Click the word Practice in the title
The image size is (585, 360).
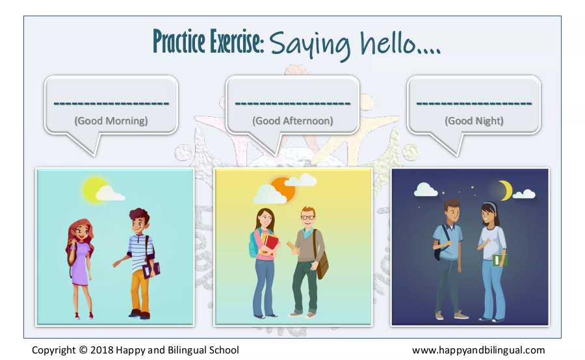pos(179,41)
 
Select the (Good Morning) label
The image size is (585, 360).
pos(110,121)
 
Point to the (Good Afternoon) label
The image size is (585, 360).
pos(292,121)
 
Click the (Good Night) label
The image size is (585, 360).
pos(474,121)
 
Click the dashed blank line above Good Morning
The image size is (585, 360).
pos(111,103)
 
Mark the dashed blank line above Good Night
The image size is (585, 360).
pos(474,103)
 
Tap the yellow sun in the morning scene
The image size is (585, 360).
pos(94,190)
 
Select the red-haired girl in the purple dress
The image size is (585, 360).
pos(80,268)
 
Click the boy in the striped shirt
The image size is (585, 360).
pos(137,263)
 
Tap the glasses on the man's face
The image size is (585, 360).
pos(308,218)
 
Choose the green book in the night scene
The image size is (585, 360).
pos(499,260)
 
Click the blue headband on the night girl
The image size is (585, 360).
pos(489,205)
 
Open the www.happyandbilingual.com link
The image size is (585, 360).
pos(478,350)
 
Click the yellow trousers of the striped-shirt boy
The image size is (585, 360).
pos(140,291)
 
